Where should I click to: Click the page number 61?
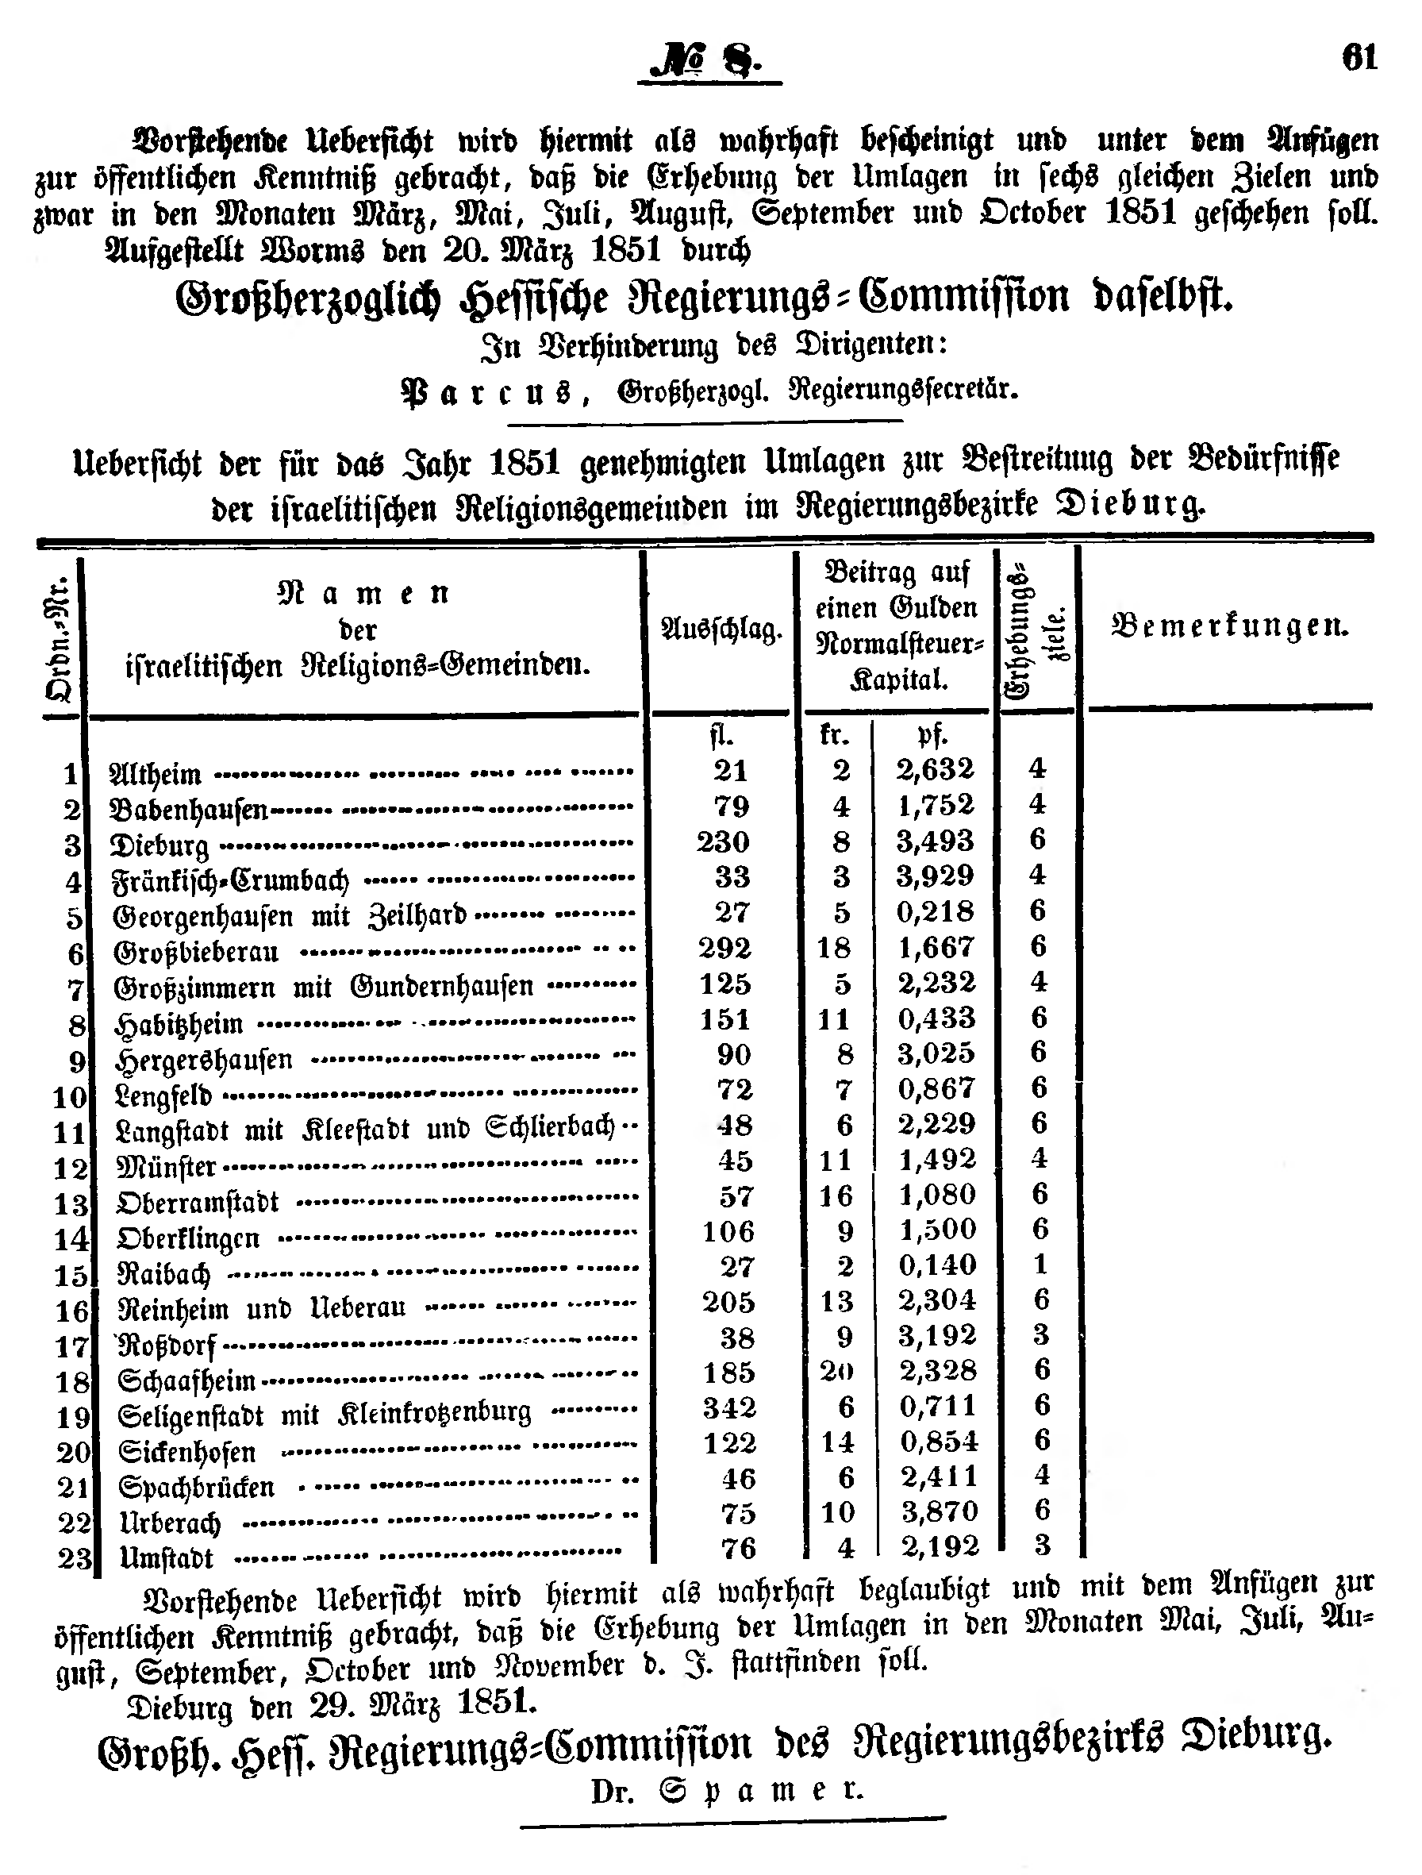pyautogui.click(x=1359, y=58)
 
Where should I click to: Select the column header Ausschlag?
pyautogui.click(x=721, y=629)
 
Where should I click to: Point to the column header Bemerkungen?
pyautogui.click(x=1229, y=626)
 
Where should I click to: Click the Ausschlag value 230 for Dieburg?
pyautogui.click(x=723, y=841)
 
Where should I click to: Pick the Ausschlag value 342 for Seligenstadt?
pyautogui.click(x=728, y=1408)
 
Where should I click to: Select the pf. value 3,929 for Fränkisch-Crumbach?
pyautogui.click(x=935, y=876)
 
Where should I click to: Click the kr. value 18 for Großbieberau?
pyautogui.click(x=834, y=948)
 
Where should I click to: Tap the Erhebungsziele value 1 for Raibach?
pyautogui.click(x=1040, y=1265)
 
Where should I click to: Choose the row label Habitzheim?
pyautogui.click(x=179, y=1025)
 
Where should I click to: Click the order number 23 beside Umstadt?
pyautogui.click(x=75, y=1558)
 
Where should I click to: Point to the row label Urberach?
pyautogui.click(x=171, y=1523)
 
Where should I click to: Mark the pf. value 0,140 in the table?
pyautogui.click(x=937, y=1265)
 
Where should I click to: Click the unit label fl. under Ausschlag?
pyautogui.click(x=722, y=735)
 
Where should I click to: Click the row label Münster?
pyautogui.click(x=167, y=1167)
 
